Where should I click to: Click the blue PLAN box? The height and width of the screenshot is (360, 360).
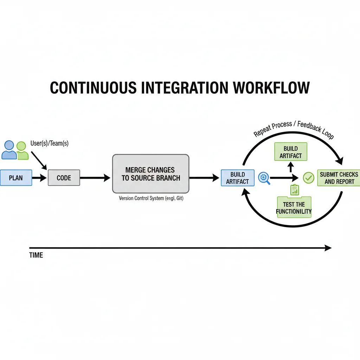16,178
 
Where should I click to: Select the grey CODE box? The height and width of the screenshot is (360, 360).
64,178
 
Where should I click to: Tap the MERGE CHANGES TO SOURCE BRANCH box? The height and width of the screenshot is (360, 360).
150,174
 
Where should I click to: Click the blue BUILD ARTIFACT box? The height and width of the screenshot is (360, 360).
237,178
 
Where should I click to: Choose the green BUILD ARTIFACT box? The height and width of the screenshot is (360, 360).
290,152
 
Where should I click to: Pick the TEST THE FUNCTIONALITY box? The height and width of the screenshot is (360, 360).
294,207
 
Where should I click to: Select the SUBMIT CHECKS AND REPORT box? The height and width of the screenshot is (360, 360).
339,178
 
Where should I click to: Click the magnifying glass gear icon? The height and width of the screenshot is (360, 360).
264,178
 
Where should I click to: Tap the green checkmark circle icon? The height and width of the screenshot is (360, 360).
308,178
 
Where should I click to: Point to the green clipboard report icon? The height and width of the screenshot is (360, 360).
295,190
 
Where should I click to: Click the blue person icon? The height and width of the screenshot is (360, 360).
9,150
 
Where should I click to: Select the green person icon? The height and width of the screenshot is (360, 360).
22,151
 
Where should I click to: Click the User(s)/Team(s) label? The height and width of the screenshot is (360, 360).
50,144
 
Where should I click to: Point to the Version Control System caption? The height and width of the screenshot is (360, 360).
151,199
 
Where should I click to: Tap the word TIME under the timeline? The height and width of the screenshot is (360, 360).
36,255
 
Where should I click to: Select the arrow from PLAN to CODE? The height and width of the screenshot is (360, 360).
39,178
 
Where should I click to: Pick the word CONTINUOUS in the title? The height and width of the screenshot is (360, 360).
92,88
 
